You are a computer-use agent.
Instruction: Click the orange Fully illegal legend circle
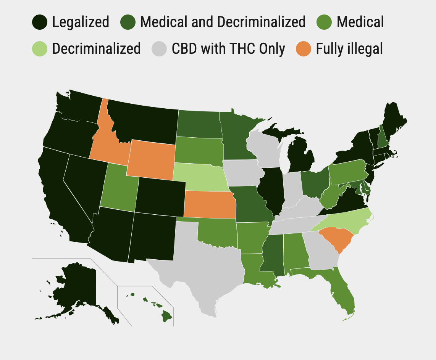click(304, 49)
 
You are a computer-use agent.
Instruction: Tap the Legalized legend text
click(81, 22)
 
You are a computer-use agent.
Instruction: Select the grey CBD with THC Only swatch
click(160, 49)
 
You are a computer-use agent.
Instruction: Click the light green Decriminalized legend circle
click(40, 49)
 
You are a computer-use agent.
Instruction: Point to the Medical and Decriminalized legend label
click(223, 22)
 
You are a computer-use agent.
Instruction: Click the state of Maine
click(393, 122)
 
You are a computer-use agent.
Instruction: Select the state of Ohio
click(315, 183)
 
